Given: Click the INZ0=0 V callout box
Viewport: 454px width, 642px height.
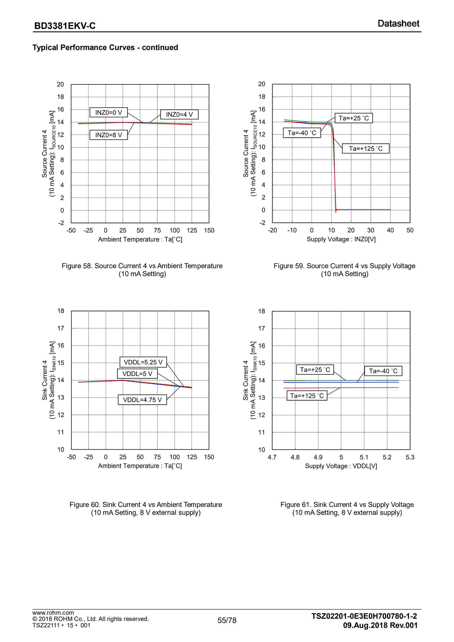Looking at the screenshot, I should (x=108, y=112).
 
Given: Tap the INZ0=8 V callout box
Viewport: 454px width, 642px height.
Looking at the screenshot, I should (x=108, y=135).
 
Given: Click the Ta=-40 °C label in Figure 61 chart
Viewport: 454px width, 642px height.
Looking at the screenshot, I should (x=383, y=371).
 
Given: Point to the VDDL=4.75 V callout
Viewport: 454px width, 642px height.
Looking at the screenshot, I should (x=142, y=400).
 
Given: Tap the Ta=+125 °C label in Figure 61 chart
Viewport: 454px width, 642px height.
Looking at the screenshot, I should (x=307, y=396).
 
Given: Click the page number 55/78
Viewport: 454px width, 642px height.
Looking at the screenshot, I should (x=227, y=620).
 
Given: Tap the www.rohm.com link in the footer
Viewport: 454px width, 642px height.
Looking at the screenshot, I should (x=53, y=613).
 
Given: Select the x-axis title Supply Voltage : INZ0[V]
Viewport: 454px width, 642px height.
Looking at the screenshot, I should (x=341, y=239).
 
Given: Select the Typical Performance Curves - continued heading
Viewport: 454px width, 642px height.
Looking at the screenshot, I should (x=105, y=47).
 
